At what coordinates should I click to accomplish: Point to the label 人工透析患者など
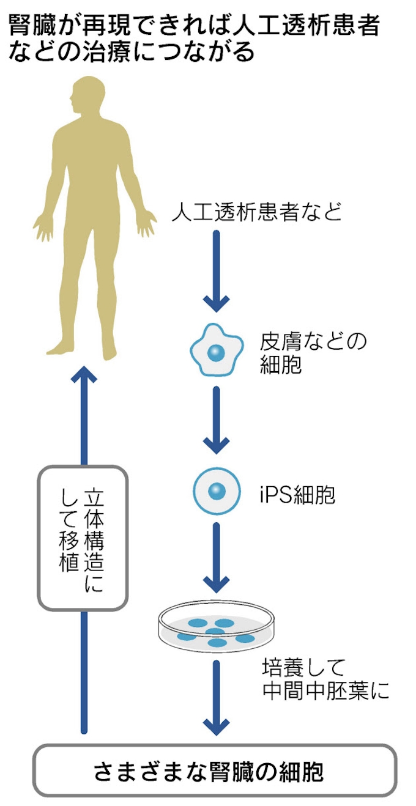(256, 212)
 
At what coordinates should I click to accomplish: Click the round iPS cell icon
(215, 490)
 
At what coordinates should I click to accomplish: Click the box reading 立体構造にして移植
(83, 538)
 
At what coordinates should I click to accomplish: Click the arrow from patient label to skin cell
(216, 269)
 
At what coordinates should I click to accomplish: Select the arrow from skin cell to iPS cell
(216, 419)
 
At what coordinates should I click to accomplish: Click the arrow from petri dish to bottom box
(216, 697)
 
